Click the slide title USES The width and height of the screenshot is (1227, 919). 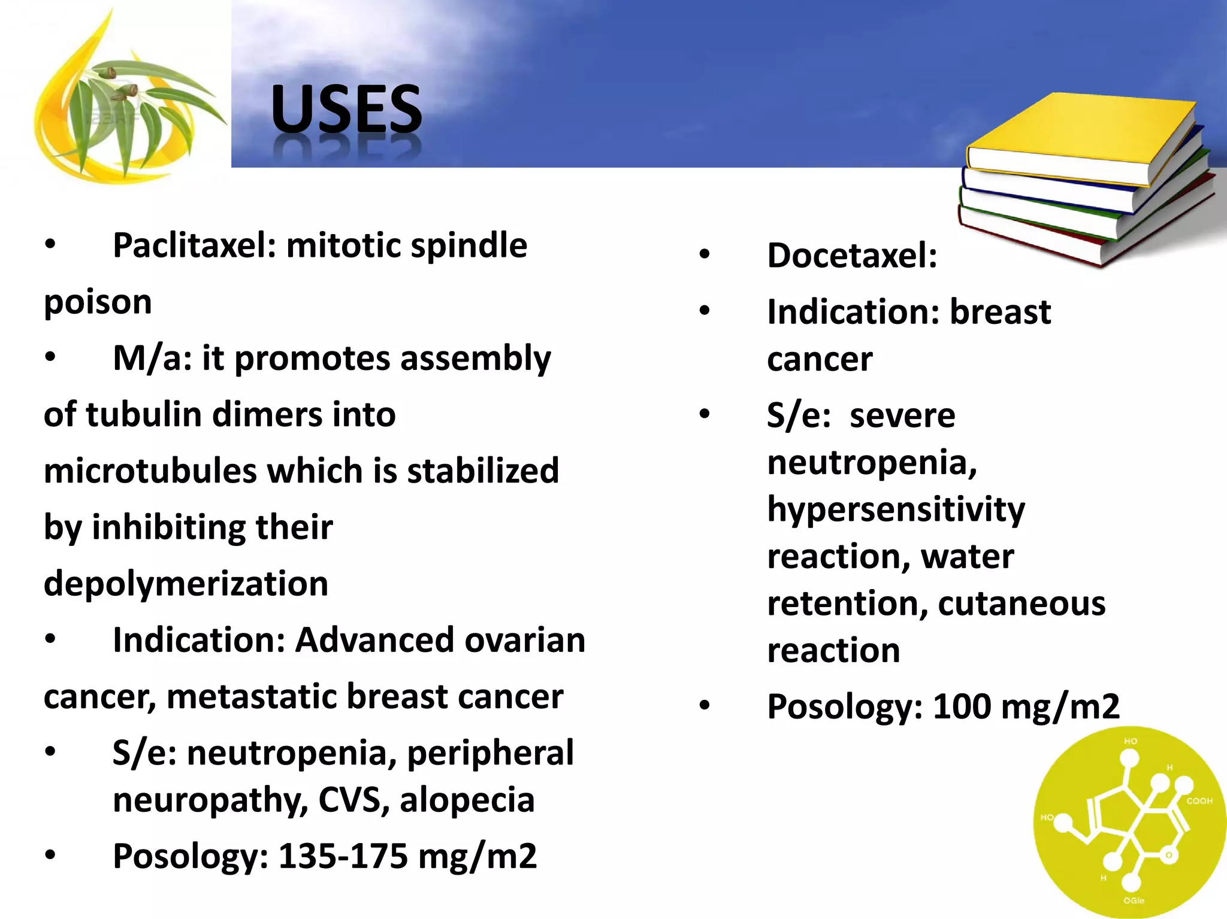click(x=346, y=110)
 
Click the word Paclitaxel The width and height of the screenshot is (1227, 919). click(x=194, y=245)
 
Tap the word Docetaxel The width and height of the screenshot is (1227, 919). click(x=851, y=256)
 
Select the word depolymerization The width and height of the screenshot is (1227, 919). click(x=186, y=584)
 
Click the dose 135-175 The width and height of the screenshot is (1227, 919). click(x=343, y=856)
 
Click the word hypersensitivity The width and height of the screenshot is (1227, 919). click(x=896, y=510)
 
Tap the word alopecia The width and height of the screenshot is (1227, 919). click(x=467, y=800)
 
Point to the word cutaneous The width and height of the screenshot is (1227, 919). click(x=1022, y=603)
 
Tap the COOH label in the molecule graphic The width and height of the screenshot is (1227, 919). click(x=1199, y=800)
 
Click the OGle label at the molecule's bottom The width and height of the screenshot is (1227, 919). click(x=1134, y=900)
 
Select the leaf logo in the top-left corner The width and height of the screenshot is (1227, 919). click(x=126, y=99)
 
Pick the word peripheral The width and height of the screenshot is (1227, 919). click(x=490, y=753)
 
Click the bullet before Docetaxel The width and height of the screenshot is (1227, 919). click(x=705, y=254)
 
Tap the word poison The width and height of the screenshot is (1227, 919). click(x=98, y=302)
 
